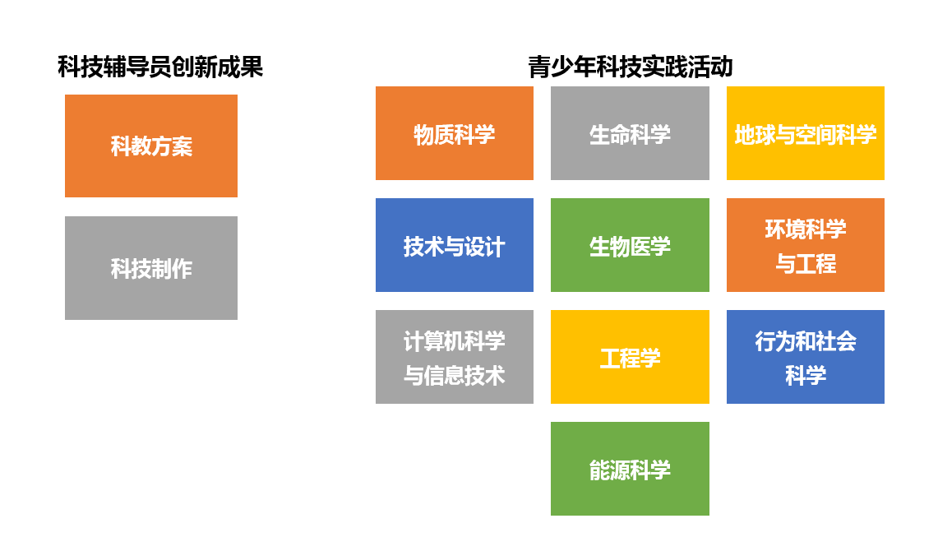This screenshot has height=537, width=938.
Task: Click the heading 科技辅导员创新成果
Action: click(x=160, y=67)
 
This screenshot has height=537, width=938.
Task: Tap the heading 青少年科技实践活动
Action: click(x=631, y=67)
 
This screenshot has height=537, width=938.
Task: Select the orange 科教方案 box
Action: click(x=151, y=146)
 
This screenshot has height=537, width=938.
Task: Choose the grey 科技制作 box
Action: click(x=151, y=267)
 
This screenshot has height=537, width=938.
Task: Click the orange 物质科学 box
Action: click(x=455, y=133)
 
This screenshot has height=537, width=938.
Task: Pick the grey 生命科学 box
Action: click(x=630, y=133)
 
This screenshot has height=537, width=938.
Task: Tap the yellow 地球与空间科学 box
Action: click(x=805, y=133)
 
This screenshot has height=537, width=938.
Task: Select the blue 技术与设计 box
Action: click(x=455, y=245)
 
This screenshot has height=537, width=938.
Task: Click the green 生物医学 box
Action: click(x=630, y=245)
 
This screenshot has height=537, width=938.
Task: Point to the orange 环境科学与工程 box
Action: click(x=805, y=245)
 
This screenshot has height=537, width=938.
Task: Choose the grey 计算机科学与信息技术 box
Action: click(x=455, y=357)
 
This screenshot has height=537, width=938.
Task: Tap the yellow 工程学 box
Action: click(x=630, y=357)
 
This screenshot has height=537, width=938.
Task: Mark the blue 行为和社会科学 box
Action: click(x=805, y=357)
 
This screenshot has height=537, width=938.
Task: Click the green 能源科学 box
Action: click(x=630, y=469)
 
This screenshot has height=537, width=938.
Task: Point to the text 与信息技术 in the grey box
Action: click(x=455, y=375)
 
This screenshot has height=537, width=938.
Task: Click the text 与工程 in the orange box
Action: click(x=805, y=263)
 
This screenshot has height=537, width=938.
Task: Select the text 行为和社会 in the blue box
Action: click(x=805, y=341)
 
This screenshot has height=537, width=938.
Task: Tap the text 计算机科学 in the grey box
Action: click(x=455, y=341)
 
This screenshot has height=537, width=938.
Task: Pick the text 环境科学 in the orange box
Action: click(x=805, y=229)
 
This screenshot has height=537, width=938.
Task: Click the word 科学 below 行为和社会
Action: click(x=805, y=375)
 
